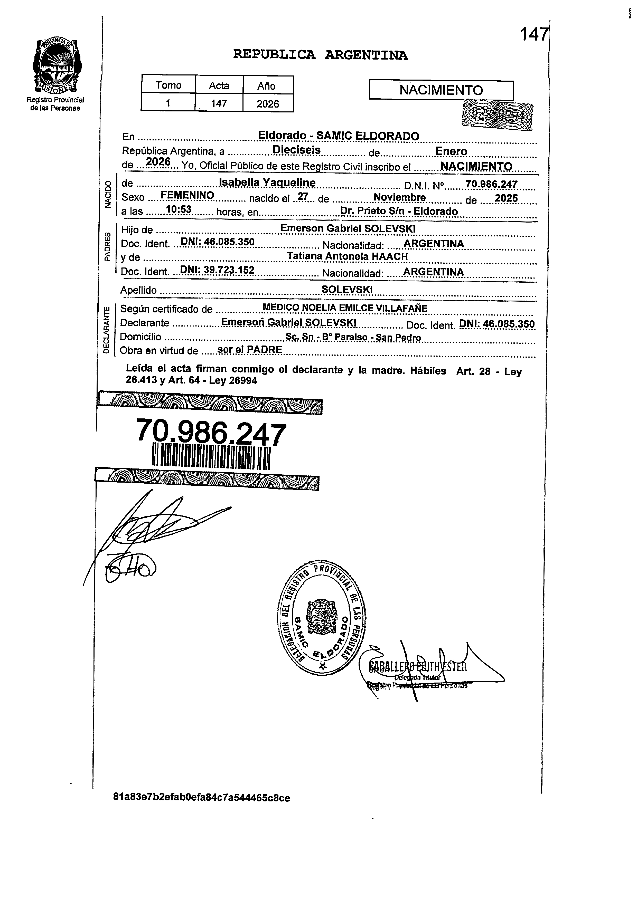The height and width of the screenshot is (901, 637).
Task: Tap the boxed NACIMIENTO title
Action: (x=441, y=90)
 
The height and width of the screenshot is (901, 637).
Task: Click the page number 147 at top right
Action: (x=533, y=35)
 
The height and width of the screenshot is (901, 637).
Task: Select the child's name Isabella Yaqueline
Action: (x=267, y=183)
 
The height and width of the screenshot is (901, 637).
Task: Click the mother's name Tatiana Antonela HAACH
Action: (x=347, y=256)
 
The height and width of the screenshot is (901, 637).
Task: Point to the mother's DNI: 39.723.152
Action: (x=217, y=270)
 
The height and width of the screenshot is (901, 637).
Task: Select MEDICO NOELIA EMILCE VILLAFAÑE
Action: (x=344, y=308)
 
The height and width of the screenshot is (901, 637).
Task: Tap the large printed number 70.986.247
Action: (x=211, y=433)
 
